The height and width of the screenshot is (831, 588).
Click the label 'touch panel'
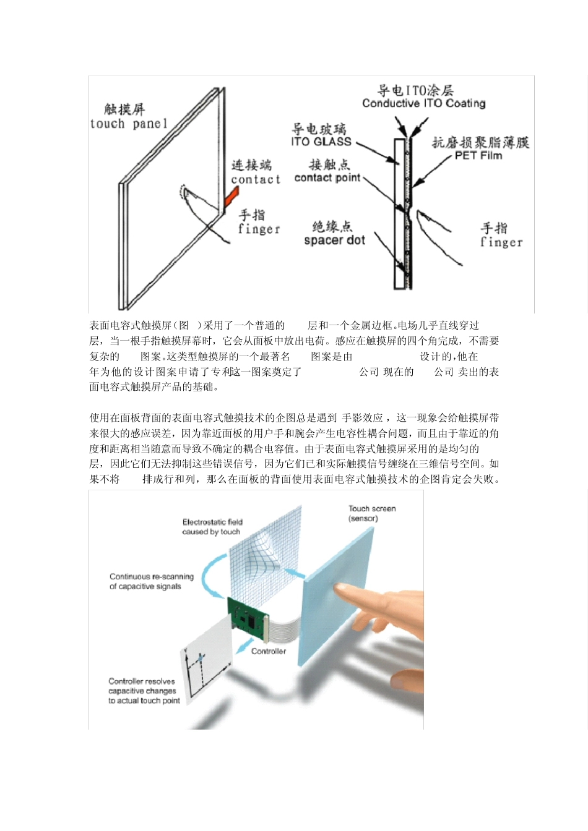pos(129,124)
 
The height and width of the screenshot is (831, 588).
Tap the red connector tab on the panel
pos(231,197)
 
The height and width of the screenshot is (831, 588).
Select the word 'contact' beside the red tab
pos(256,180)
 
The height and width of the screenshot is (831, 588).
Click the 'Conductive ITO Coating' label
pos(423,104)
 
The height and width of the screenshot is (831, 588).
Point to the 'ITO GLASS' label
pos(321,142)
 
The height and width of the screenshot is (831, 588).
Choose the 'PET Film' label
pos(478,156)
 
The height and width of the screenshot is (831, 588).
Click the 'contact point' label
pos(327,178)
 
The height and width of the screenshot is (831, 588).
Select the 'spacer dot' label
pos(334,241)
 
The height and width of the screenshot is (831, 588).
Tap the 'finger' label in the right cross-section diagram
pos(501,242)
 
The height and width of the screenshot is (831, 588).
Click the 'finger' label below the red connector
pos(259,229)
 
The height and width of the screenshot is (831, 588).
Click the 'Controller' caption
pos(268,651)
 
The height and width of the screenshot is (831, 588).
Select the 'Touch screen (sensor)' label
pos(371,513)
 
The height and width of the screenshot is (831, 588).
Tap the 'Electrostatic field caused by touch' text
pos(212,527)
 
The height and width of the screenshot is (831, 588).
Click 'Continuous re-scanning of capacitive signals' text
pos(151,581)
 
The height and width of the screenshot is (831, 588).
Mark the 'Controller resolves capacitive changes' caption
pos(144,691)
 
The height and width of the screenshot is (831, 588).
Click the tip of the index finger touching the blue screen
pos(340,589)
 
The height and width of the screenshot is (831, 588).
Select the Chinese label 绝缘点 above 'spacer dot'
pos(332,226)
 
